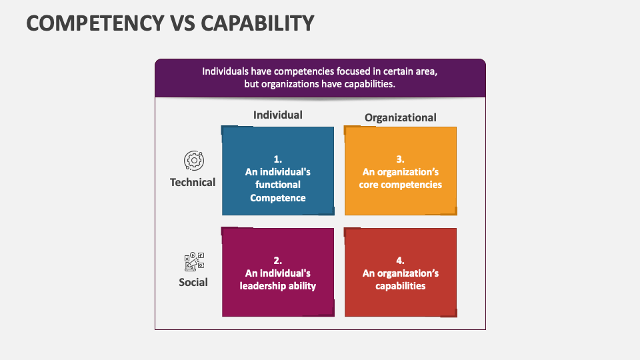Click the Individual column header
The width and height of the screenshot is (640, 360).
(277, 115)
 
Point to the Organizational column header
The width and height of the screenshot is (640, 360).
(400, 117)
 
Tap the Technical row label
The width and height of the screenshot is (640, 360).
(193, 182)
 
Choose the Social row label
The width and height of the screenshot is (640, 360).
(193, 282)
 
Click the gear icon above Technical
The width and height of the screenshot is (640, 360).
(193, 161)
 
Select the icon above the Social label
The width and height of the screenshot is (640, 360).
(193, 261)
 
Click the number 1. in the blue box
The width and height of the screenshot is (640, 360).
(278, 159)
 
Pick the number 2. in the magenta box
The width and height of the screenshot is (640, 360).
(278, 261)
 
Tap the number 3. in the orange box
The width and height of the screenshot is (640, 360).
(400, 159)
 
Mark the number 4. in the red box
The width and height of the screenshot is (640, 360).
(400, 261)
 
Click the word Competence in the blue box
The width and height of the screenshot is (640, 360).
(278, 197)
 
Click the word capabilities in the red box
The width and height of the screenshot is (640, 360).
(400, 286)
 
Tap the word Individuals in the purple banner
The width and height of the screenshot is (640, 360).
(226, 71)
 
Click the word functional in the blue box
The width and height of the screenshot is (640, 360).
(278, 184)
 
